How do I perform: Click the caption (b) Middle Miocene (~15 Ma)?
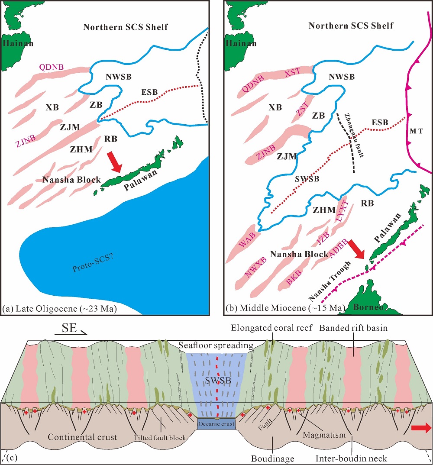[x=285, y=308]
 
